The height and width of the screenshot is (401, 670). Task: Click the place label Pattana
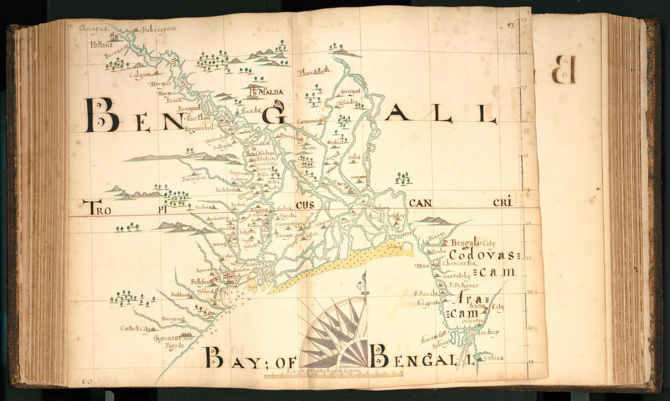(98, 44)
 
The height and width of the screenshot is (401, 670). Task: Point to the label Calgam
(139, 76)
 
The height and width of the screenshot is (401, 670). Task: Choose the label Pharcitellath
(314, 72)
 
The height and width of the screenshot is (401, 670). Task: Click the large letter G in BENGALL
(275, 113)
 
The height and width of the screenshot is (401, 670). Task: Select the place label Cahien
(494, 358)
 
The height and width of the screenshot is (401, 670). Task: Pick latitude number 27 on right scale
(524, 88)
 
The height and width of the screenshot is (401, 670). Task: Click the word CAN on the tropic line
(423, 203)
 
